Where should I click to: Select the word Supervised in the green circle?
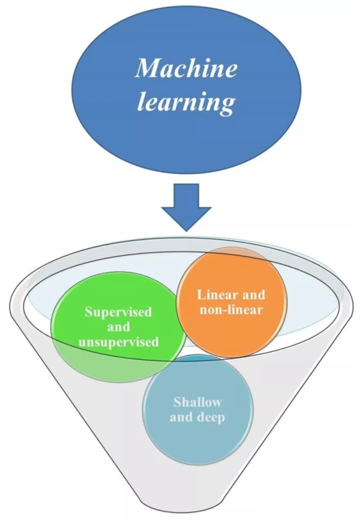pyautogui.click(x=118, y=312)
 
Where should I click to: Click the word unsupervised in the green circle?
pyautogui.click(x=118, y=341)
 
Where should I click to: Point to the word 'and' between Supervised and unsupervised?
pyautogui.click(x=118, y=327)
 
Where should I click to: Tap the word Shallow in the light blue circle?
pyautogui.click(x=197, y=402)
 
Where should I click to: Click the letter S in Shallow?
pyautogui.click(x=177, y=402)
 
